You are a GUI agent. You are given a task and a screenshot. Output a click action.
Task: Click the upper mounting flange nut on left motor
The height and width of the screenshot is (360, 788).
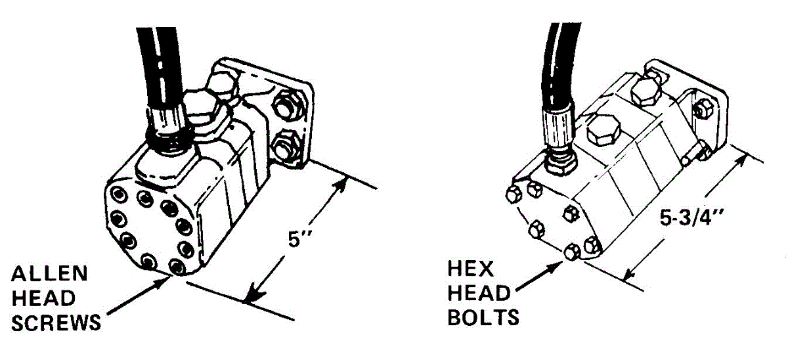click(287, 103)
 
